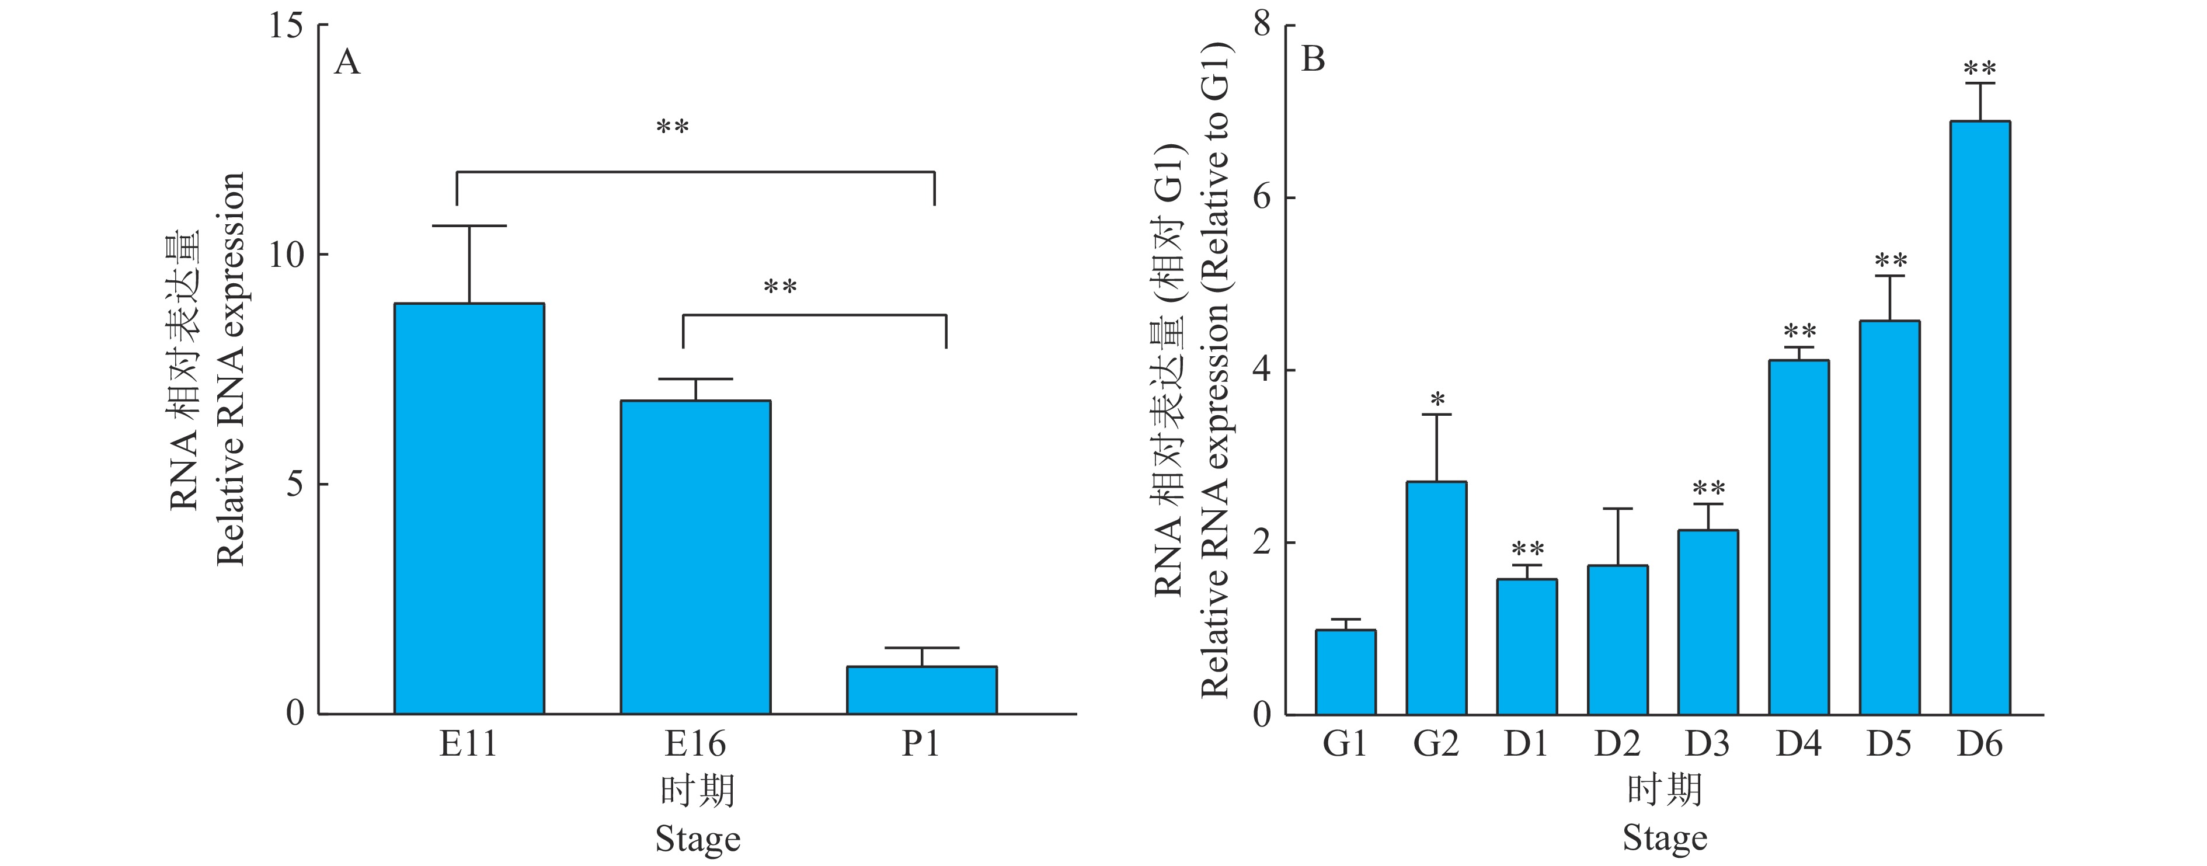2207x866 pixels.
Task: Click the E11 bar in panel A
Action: pyautogui.click(x=469, y=509)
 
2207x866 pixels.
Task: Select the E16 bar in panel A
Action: pyautogui.click(x=695, y=557)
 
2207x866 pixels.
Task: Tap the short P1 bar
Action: pyautogui.click(x=921, y=690)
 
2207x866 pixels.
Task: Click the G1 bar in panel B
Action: pyautogui.click(x=1345, y=672)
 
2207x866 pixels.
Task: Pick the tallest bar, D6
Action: pyautogui.click(x=1979, y=418)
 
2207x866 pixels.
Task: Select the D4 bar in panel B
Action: pyautogui.click(x=1798, y=537)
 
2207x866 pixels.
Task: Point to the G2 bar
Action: pyautogui.click(x=1436, y=598)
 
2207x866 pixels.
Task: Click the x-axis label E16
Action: pyautogui.click(x=695, y=743)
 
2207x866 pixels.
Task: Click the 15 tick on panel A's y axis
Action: pyautogui.click(x=286, y=26)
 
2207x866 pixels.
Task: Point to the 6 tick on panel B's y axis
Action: pyautogui.click(x=1261, y=197)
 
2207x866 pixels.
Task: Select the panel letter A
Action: pyautogui.click(x=347, y=62)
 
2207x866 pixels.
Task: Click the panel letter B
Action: pyautogui.click(x=1313, y=60)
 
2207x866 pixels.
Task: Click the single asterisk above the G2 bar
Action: pyautogui.click(x=1437, y=399)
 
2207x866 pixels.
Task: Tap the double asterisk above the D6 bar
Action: pyautogui.click(x=1979, y=68)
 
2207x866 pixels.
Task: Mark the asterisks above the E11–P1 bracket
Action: pyautogui.click(x=673, y=128)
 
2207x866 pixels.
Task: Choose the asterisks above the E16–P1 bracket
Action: pyautogui.click(x=779, y=287)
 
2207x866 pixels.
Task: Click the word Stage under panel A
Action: pyautogui.click(x=697, y=839)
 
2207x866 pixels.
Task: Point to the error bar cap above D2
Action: pyautogui.click(x=1617, y=509)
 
